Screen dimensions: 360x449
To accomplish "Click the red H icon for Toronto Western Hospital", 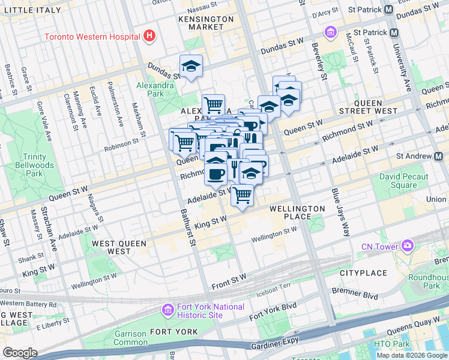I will tap(149, 36).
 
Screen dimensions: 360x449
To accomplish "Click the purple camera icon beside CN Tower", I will tap(408, 246).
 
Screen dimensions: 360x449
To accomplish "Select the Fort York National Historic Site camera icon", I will tap(167, 310).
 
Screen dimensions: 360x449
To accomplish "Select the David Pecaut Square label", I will tap(403, 181).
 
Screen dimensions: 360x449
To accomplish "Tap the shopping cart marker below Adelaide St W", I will tap(242, 194).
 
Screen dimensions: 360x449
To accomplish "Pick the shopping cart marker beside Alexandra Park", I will tap(213, 105).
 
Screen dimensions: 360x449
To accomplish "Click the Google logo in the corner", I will tap(20, 353).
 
